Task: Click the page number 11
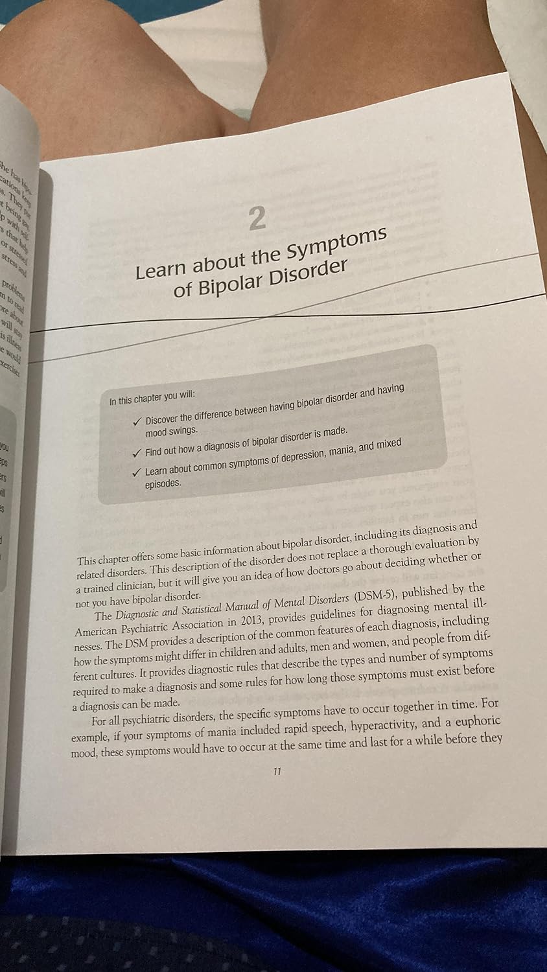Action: [x=277, y=771]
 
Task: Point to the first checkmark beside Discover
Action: [x=137, y=421]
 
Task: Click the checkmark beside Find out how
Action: [x=136, y=452]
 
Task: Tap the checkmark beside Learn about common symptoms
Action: [x=136, y=472]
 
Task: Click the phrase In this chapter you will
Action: [x=152, y=398]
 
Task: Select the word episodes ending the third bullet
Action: [x=163, y=483]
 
